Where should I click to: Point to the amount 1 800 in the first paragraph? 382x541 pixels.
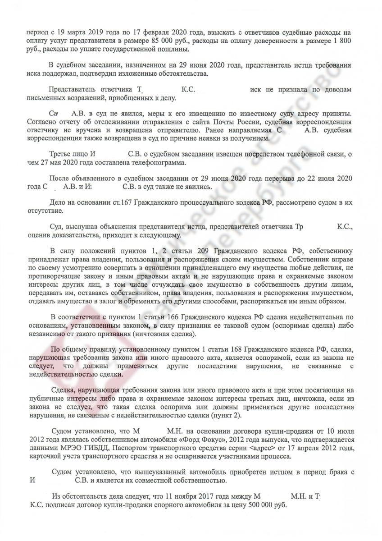(344, 41)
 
